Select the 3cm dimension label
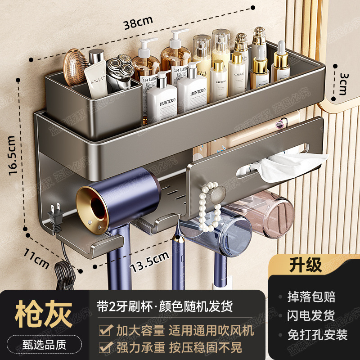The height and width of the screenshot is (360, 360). (x=343, y=85)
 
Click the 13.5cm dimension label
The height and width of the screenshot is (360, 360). (x=149, y=262)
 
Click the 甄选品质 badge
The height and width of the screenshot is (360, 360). (x=44, y=346)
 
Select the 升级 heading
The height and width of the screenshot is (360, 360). (x=306, y=265)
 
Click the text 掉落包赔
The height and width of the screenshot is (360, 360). (x=311, y=297)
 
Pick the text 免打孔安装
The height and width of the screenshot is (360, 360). (x=318, y=335)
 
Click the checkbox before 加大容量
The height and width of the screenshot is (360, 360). (x=106, y=331)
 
